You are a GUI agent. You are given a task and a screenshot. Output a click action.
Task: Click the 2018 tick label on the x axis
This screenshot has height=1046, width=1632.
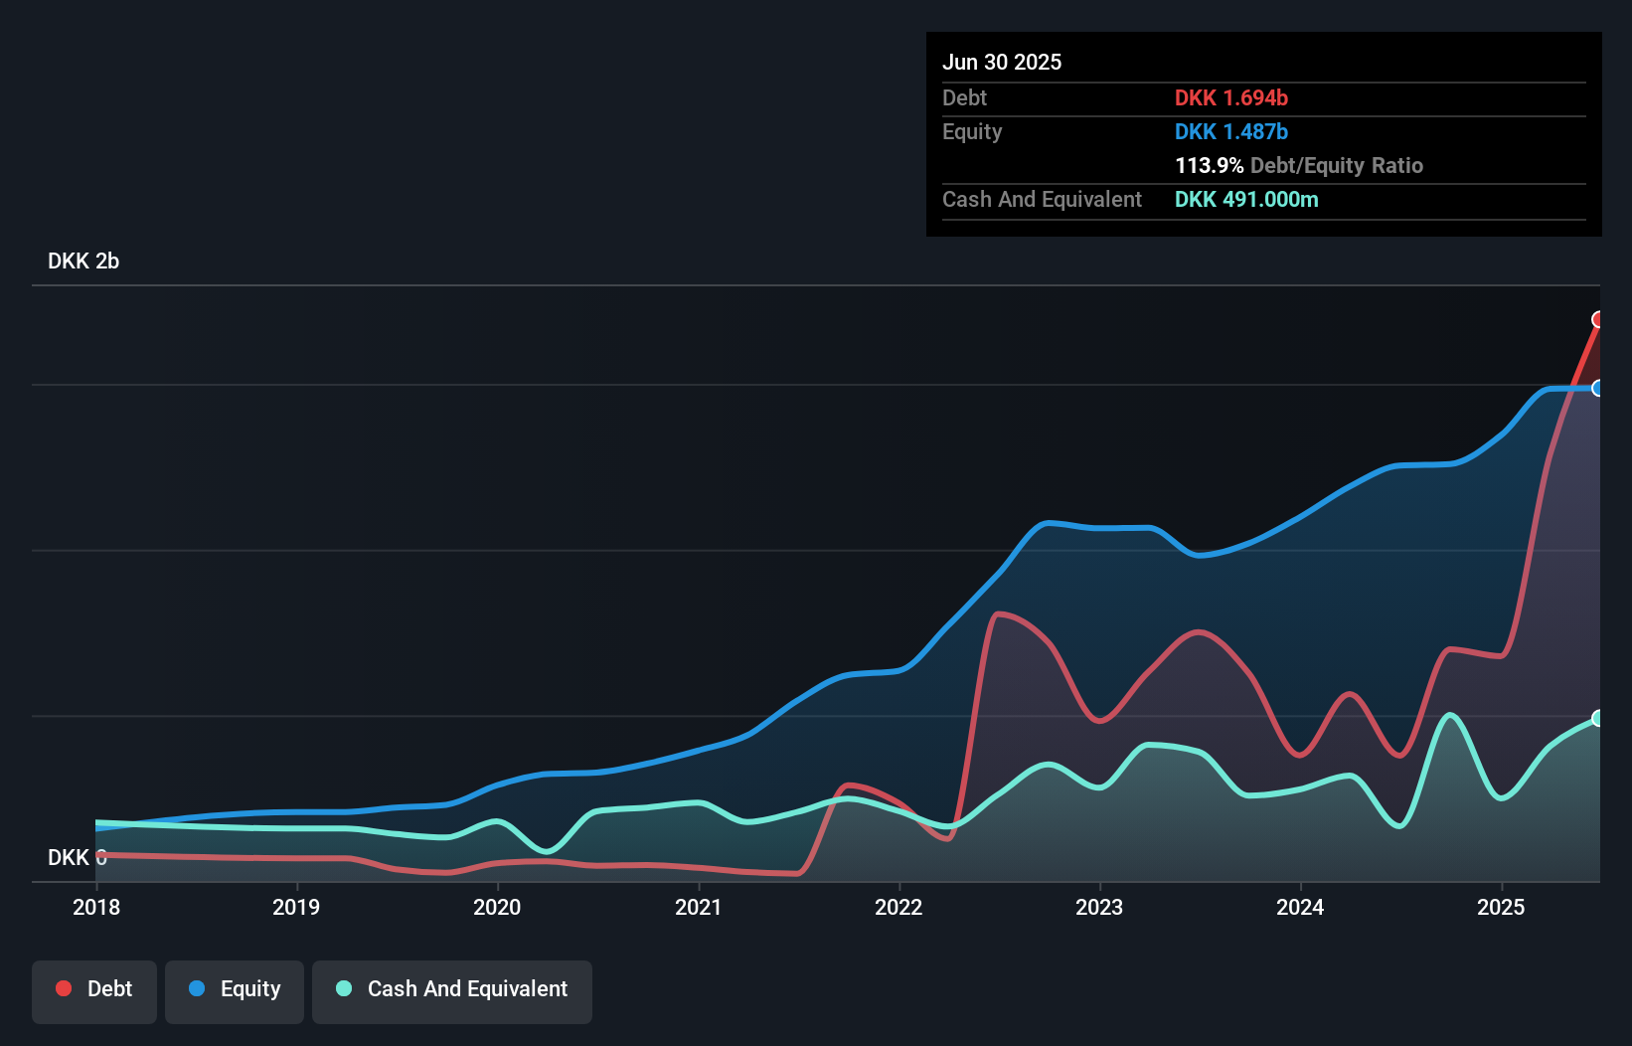pyautogui.click(x=96, y=907)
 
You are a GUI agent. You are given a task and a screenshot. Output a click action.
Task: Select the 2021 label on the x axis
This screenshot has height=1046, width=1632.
pyautogui.click(x=698, y=907)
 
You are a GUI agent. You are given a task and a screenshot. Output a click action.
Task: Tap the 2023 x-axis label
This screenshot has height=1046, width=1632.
pyautogui.click(x=1099, y=907)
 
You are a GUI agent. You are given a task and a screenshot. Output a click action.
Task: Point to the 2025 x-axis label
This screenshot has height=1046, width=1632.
pyautogui.click(x=1501, y=907)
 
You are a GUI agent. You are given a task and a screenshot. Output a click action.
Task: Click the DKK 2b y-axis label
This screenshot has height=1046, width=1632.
pyautogui.click(x=83, y=261)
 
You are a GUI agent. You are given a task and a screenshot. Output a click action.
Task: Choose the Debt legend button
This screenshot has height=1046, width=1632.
pyautogui.click(x=94, y=989)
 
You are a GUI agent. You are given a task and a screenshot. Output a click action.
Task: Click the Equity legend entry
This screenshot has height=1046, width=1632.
pyautogui.click(x=235, y=989)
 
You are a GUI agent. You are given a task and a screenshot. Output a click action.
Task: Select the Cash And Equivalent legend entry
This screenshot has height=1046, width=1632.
pyautogui.click(x=452, y=989)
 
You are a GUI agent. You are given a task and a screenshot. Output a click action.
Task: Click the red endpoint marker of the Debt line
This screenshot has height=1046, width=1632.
pyautogui.click(x=1598, y=319)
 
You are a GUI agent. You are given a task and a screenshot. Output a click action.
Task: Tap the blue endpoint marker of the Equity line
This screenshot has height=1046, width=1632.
pyautogui.click(x=1598, y=388)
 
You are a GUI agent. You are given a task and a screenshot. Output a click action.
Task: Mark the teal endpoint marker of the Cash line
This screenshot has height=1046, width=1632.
pyautogui.click(x=1598, y=718)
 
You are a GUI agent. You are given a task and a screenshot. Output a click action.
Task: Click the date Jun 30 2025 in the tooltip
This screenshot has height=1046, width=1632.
pyautogui.click(x=1002, y=62)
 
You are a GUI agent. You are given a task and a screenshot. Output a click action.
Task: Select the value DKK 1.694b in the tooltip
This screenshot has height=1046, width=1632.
pyautogui.click(x=1230, y=97)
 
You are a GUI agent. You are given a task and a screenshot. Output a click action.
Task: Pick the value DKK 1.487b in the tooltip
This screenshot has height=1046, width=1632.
pyautogui.click(x=1230, y=131)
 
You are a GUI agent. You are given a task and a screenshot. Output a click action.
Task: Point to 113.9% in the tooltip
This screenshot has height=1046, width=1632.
pyautogui.click(x=1209, y=165)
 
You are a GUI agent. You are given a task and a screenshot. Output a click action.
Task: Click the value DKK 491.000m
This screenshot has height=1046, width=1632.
pyautogui.click(x=1246, y=199)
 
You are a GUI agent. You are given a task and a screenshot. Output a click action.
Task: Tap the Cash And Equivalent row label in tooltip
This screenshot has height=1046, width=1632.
pyautogui.click(x=1042, y=199)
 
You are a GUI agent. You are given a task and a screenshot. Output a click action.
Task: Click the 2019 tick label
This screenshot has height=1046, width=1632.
pyautogui.click(x=296, y=907)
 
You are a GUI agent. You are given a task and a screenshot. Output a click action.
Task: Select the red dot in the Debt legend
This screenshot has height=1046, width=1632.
pyautogui.click(x=64, y=988)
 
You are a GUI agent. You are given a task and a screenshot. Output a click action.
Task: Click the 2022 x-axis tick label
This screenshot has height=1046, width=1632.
pyautogui.click(x=898, y=907)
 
